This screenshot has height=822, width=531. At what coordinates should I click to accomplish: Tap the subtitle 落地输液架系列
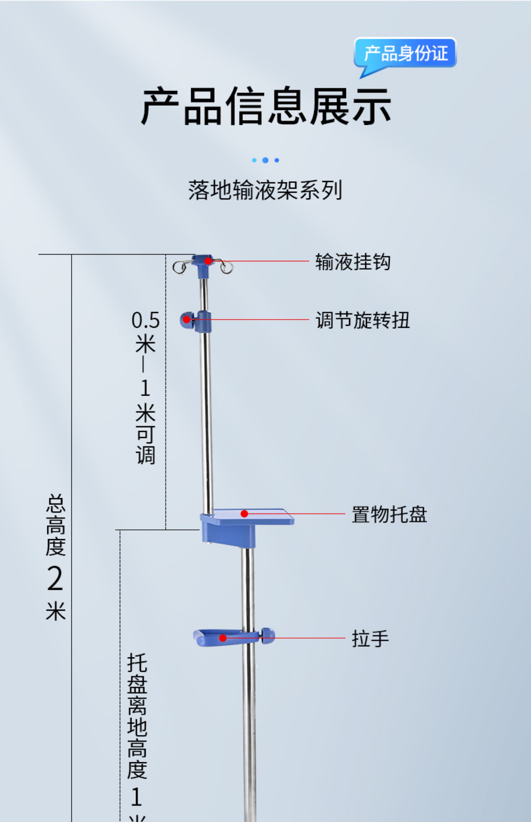[265, 190]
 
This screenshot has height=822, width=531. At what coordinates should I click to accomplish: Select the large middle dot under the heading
[265, 160]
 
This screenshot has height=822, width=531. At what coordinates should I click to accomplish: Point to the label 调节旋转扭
[363, 320]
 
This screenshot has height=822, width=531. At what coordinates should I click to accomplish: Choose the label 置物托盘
[389, 515]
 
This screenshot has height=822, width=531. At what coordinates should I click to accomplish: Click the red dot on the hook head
[208, 261]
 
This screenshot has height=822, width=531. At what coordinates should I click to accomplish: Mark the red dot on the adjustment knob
[186, 320]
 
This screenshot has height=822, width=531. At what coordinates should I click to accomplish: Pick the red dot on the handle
[223, 638]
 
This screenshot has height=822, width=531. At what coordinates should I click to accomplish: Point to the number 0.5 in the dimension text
[146, 320]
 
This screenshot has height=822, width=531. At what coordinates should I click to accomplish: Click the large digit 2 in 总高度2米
[55, 579]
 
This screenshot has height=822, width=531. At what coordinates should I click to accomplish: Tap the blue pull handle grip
[221, 638]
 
